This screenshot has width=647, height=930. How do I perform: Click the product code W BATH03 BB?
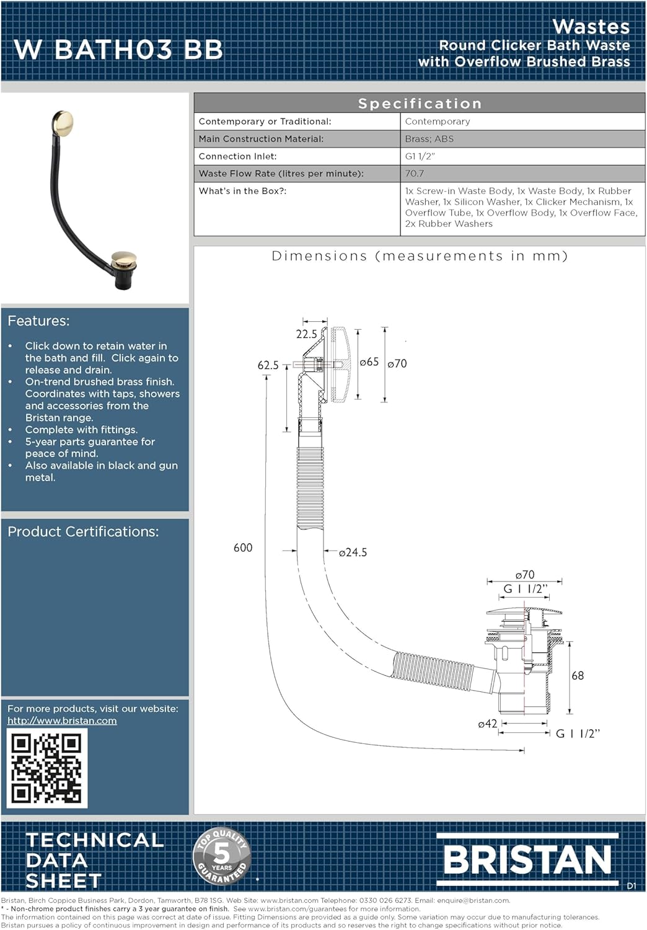click(118, 50)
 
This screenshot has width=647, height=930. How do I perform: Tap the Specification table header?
click(420, 103)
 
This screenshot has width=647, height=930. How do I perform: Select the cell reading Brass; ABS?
click(429, 139)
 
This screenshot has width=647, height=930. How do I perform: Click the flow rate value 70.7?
click(415, 174)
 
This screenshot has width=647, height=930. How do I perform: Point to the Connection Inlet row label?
click(238, 156)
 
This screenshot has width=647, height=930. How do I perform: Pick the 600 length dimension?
click(243, 547)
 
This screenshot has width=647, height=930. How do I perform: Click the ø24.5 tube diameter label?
click(353, 552)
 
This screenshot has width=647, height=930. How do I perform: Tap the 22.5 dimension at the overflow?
click(306, 334)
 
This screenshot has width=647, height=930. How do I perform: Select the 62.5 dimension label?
click(268, 365)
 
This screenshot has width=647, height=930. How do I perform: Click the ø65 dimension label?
click(369, 362)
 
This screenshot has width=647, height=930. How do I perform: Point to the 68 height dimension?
click(578, 676)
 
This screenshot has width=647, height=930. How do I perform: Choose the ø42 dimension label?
click(487, 724)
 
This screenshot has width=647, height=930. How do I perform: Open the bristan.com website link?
click(62, 720)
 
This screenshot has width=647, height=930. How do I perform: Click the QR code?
click(47, 768)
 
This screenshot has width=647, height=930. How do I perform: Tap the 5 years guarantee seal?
click(222, 856)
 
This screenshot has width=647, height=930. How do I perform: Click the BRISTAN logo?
click(527, 859)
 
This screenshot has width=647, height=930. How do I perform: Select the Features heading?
click(38, 321)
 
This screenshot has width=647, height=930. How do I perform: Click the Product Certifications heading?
click(83, 532)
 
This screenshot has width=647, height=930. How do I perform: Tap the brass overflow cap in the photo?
click(62, 123)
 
